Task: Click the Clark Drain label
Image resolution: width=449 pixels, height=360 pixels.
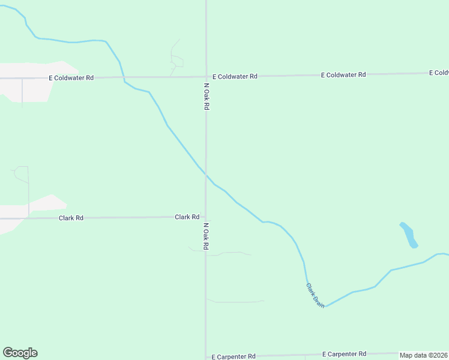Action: (x=315, y=296)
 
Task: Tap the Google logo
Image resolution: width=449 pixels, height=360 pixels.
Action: (x=20, y=353)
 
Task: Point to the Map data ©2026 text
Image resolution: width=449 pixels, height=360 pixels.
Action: (x=424, y=355)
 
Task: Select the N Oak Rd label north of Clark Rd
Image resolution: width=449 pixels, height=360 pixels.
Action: (x=206, y=96)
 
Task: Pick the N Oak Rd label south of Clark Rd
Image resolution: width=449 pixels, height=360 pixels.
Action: (x=206, y=236)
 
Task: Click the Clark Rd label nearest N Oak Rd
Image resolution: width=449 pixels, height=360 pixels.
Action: (x=187, y=217)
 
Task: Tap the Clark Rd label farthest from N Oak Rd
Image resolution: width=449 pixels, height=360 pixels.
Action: (x=71, y=218)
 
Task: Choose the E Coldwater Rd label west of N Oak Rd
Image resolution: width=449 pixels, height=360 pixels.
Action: (x=71, y=78)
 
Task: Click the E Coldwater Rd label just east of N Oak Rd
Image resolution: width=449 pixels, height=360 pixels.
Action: (x=235, y=76)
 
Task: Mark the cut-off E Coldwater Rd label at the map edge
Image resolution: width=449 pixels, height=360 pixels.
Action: (x=439, y=73)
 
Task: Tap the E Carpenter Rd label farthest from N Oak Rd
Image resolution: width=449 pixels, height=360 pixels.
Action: (x=344, y=354)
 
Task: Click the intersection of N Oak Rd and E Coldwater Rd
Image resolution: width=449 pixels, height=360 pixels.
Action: (x=206, y=77)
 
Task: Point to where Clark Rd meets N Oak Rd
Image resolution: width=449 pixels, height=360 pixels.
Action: (x=206, y=217)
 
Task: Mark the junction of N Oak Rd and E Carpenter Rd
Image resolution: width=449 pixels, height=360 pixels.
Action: (x=206, y=356)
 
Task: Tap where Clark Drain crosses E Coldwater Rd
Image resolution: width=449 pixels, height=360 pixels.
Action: (x=124, y=77)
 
